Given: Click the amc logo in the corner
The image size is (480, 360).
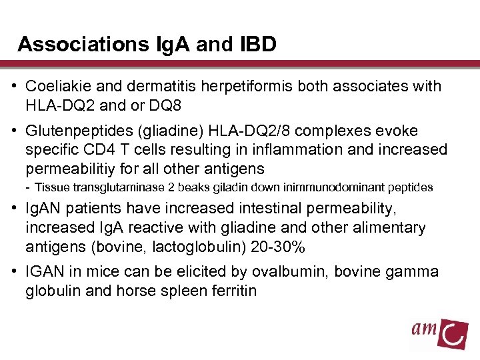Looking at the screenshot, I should tap(439, 331).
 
